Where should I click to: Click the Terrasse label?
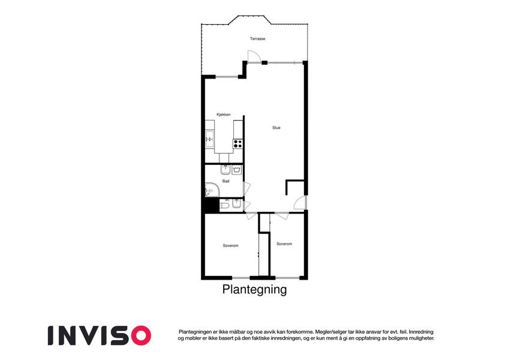click(x=257, y=38)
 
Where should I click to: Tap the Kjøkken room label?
click(x=224, y=115)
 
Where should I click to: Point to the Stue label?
click(x=276, y=128)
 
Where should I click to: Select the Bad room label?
click(x=226, y=181)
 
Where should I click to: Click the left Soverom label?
click(x=230, y=245)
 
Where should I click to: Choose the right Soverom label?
click(x=284, y=244)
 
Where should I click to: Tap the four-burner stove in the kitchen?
click(x=238, y=143)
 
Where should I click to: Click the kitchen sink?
click(x=210, y=139)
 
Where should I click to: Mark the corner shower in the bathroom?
click(x=211, y=190)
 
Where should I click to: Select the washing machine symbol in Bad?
click(x=237, y=170)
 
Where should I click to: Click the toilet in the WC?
click(x=224, y=206)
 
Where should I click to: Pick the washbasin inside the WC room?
click(x=236, y=204)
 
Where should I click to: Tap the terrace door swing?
click(x=254, y=56)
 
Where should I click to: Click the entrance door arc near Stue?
click(x=300, y=203)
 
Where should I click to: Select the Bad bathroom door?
click(x=247, y=189)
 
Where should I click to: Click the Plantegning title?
click(x=254, y=289)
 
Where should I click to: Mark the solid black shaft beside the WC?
click(x=212, y=205)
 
